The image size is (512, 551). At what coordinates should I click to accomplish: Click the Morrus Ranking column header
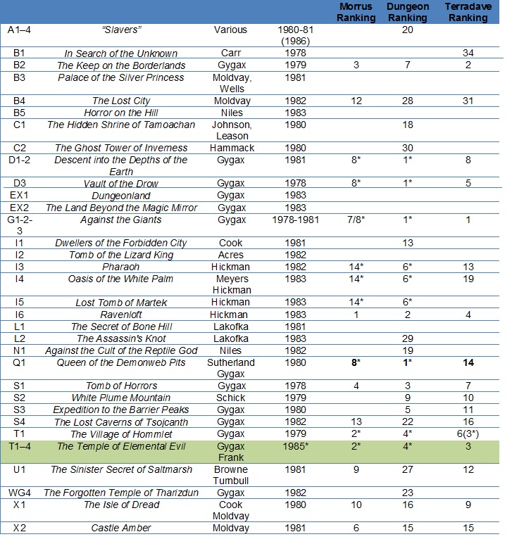pos(356,13)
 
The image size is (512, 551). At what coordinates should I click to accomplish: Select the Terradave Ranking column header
pos(468,13)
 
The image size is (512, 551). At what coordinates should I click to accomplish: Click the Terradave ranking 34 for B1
pos(468,53)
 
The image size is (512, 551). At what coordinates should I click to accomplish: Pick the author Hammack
pos(230,148)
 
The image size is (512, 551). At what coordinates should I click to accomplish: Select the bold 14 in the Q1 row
pos(468,362)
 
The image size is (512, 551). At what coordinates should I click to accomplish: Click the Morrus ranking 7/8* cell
pos(356,220)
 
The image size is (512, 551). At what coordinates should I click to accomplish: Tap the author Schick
pos(230,398)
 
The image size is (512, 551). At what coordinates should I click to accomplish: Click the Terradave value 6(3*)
pos(468,433)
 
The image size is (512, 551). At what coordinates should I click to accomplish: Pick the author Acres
pos(230,255)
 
